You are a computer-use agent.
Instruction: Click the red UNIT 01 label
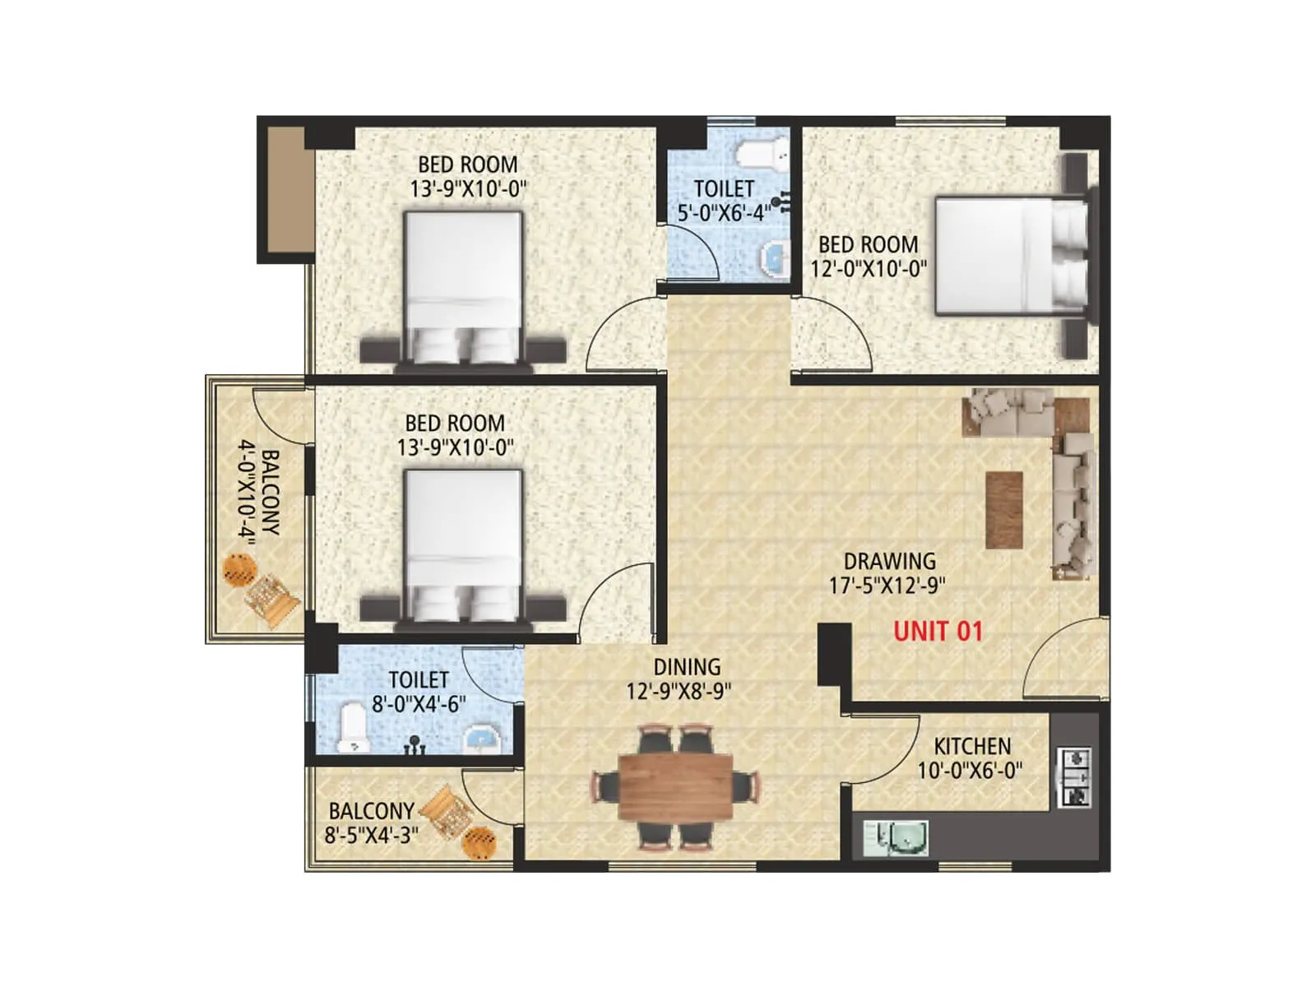(938, 631)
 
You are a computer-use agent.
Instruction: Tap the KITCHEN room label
(971, 746)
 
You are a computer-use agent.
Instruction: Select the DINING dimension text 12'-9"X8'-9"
(679, 691)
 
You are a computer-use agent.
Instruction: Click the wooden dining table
(675, 786)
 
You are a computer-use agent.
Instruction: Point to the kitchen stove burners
(1074, 776)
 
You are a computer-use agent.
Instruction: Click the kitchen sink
(897, 838)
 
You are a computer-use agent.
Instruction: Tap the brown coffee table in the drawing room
(1004, 509)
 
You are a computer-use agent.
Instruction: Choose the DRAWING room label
(889, 561)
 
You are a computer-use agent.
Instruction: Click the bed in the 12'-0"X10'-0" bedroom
(1011, 256)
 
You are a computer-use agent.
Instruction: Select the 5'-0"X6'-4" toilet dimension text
(724, 213)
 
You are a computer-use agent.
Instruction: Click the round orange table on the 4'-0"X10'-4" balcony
(239, 568)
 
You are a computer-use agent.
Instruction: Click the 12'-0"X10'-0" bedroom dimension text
(869, 268)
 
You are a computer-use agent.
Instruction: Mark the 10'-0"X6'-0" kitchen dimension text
(971, 771)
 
